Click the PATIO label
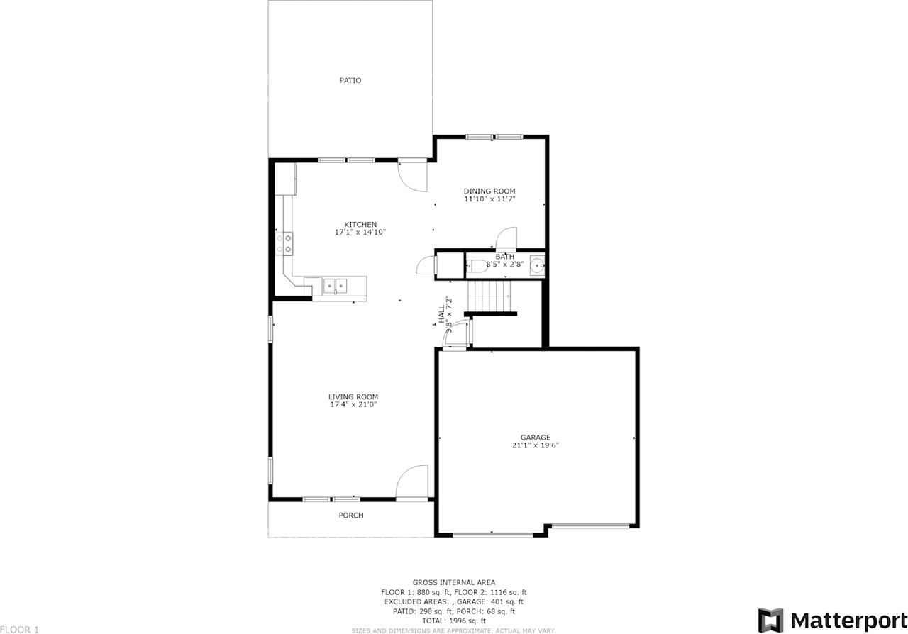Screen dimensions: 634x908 pyautogui.click(x=350, y=81)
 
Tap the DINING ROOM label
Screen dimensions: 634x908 pyautogui.click(x=489, y=191)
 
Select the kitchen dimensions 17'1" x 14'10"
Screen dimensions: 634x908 pyautogui.click(x=360, y=233)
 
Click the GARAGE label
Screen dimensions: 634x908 pyautogui.click(x=536, y=438)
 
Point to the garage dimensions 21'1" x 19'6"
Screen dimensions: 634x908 pyautogui.click(x=536, y=446)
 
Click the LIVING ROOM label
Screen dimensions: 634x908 pyautogui.click(x=353, y=397)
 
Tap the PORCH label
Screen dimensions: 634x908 pyautogui.click(x=351, y=516)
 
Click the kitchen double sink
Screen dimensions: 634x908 pyautogui.click(x=335, y=286)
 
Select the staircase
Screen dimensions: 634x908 pyautogui.click(x=489, y=295)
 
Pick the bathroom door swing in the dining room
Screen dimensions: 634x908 pyautogui.click(x=506, y=238)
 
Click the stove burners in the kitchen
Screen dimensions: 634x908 pyautogui.click(x=289, y=243)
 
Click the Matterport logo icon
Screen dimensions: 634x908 pyautogui.click(x=770, y=619)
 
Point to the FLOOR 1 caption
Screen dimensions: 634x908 pyautogui.click(x=20, y=629)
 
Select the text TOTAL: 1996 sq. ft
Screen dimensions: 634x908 pyautogui.click(x=454, y=621)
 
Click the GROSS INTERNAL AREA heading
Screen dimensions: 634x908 pyautogui.click(x=454, y=582)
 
